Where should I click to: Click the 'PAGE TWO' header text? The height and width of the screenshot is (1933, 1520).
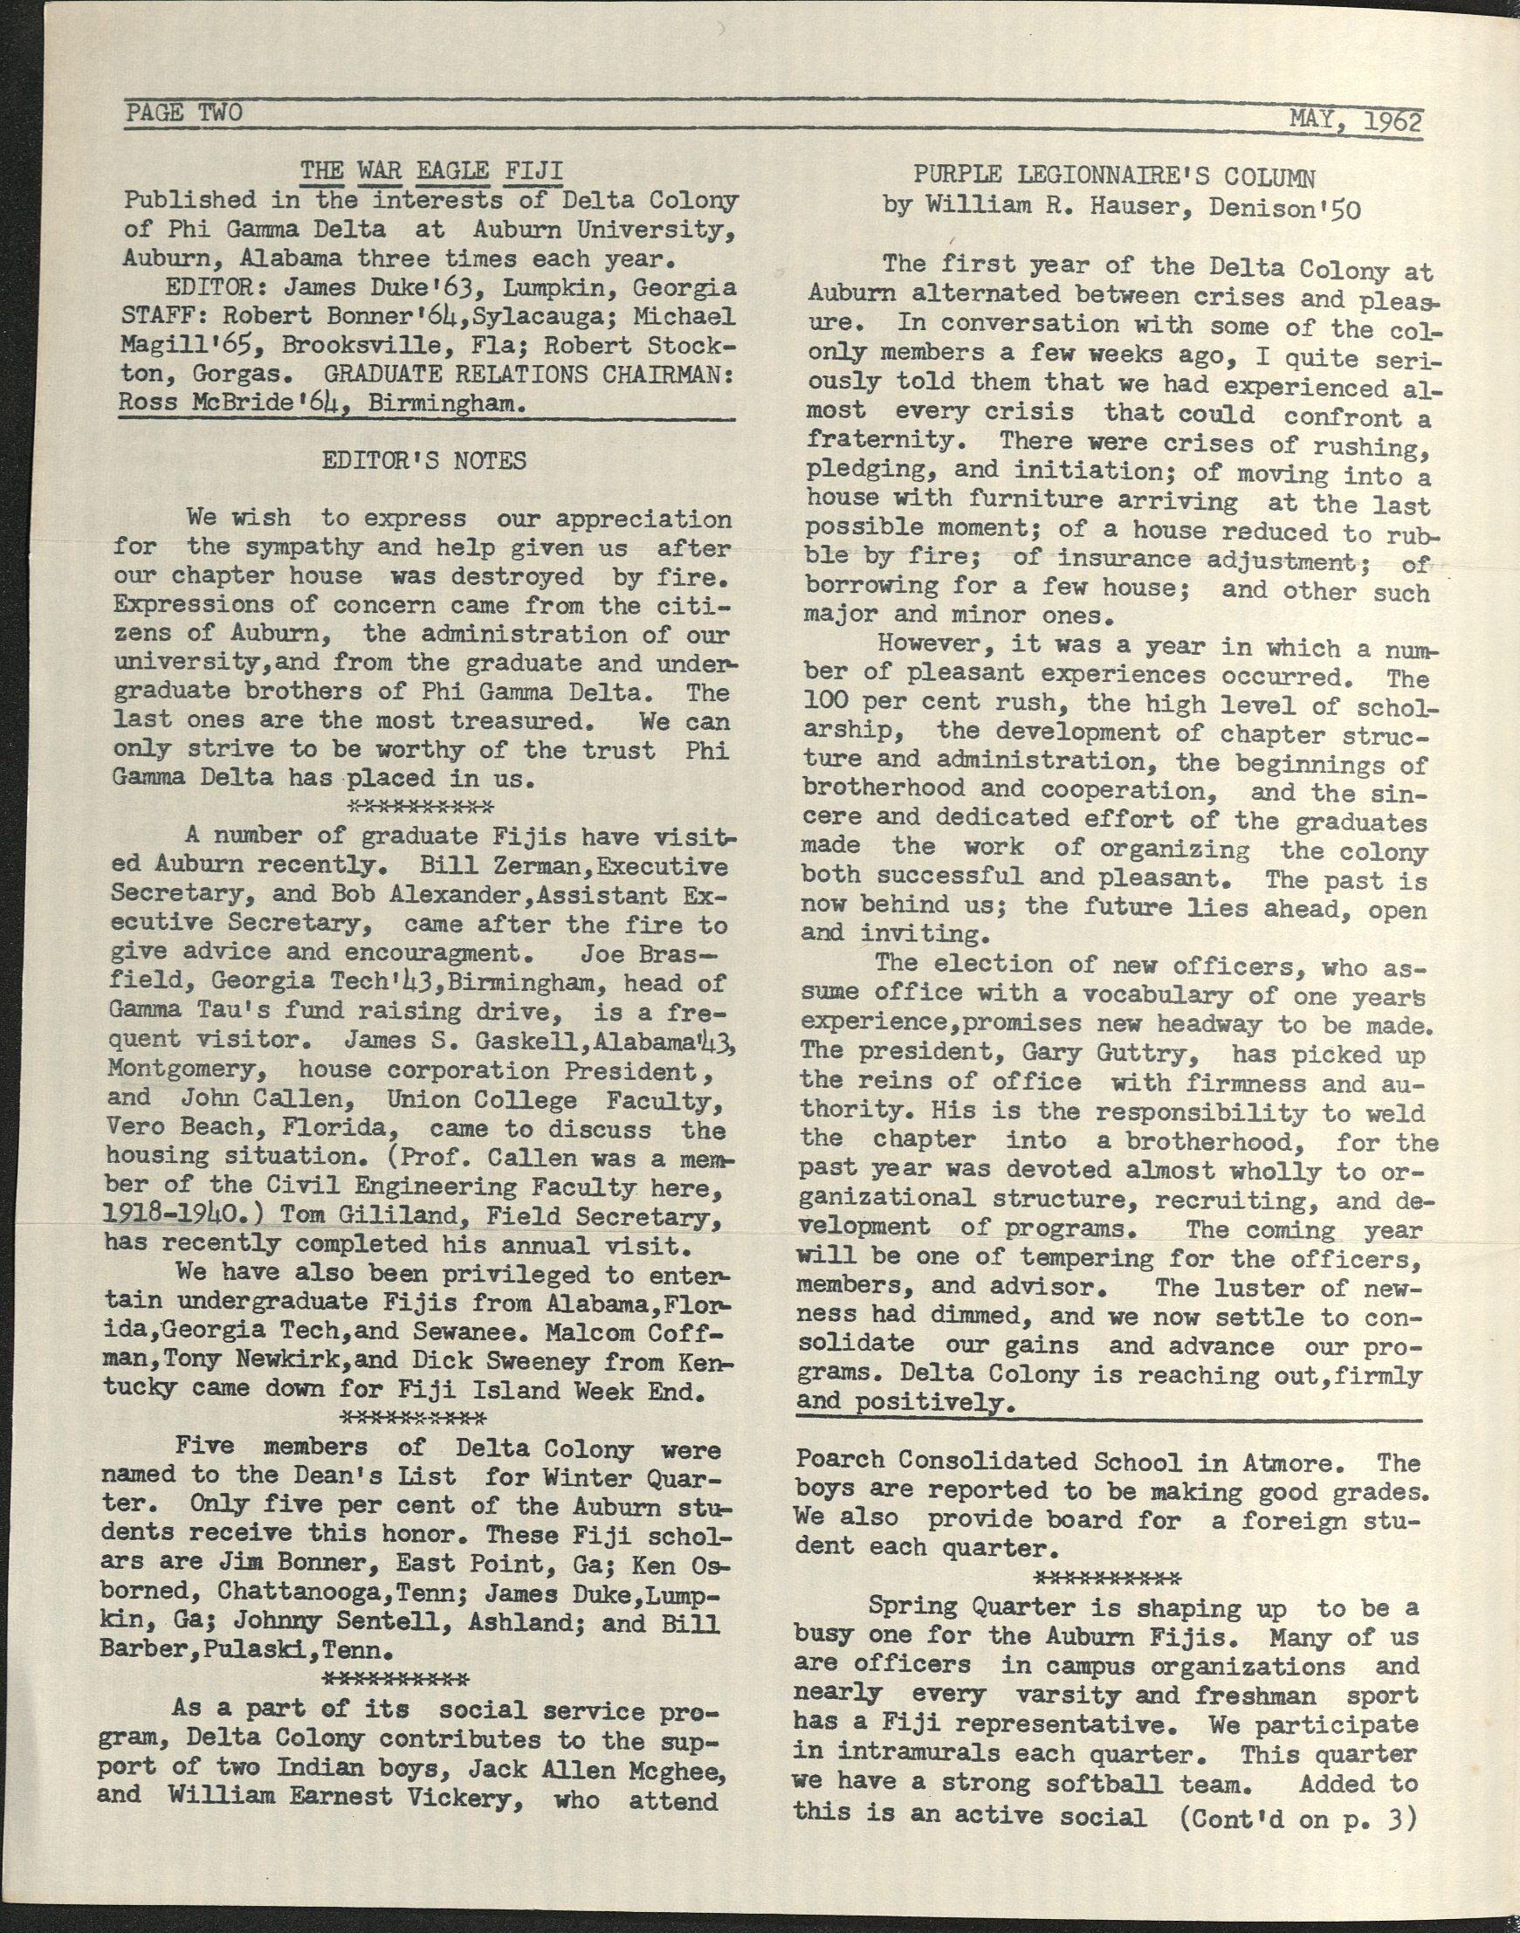point(183,113)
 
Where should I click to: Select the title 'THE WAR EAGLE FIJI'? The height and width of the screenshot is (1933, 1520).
point(430,170)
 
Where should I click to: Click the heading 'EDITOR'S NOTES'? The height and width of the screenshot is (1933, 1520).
point(423,460)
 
